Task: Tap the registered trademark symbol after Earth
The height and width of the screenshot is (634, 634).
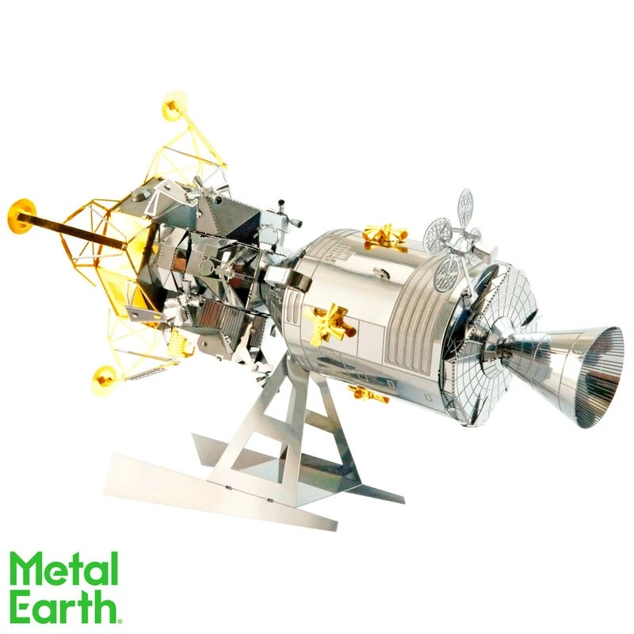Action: click(x=119, y=620)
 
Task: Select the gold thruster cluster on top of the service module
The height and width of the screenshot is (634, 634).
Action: click(x=385, y=235)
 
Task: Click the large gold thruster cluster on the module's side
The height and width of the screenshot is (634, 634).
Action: click(x=328, y=323)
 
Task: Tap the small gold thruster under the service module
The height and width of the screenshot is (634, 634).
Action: click(x=369, y=393)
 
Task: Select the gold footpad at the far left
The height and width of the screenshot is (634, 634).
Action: click(x=22, y=216)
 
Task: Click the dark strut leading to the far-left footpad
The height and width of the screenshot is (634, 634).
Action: click(x=79, y=226)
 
